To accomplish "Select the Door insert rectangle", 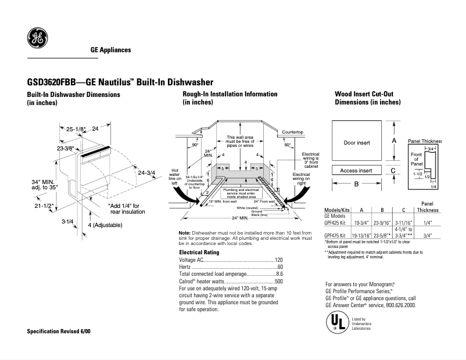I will tap(357, 142).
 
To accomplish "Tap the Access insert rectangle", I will tap(357, 171).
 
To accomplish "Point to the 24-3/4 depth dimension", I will tap(147, 172).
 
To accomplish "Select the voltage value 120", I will tap(278, 260).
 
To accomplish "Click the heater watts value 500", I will tap(278, 281).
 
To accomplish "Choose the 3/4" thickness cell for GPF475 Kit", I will tap(427, 235).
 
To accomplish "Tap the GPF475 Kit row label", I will tap(335, 235).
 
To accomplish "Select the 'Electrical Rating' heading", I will tap(199, 253).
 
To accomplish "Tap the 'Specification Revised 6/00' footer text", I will tap(59, 331).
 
